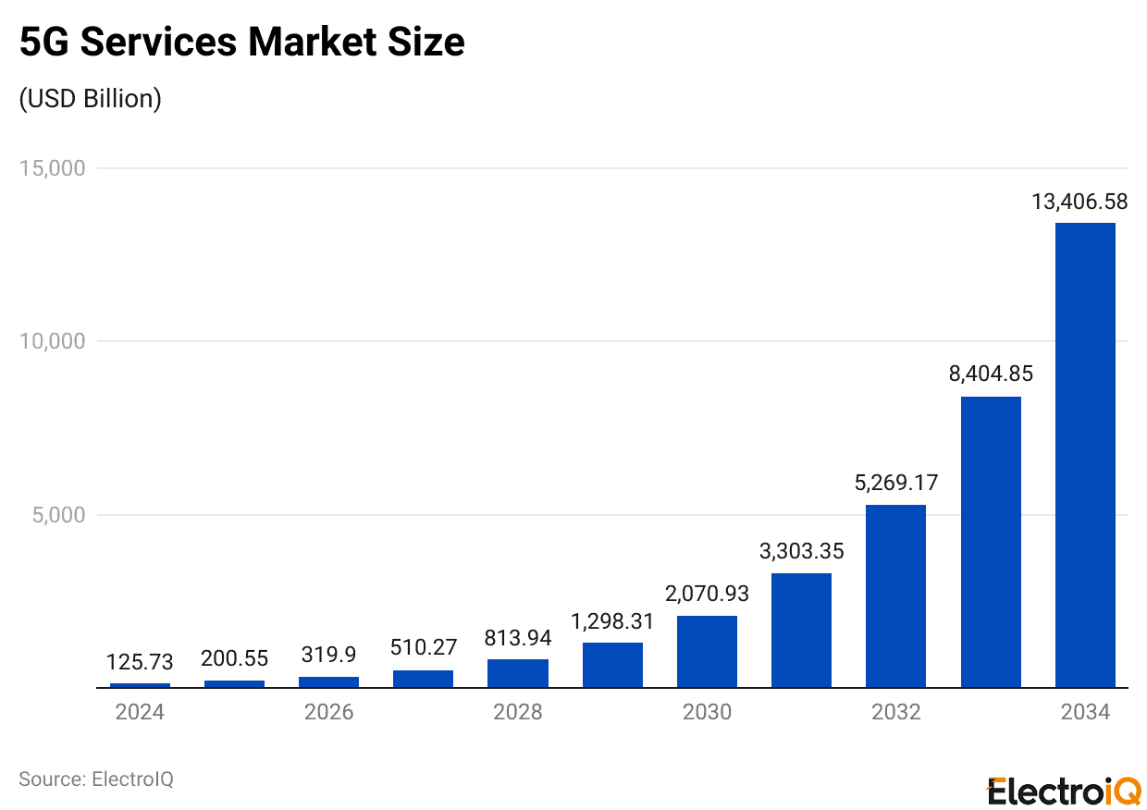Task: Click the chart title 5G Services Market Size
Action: (x=241, y=43)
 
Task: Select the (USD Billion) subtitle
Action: (x=91, y=99)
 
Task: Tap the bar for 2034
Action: (x=1085, y=455)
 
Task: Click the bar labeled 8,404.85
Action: (x=991, y=542)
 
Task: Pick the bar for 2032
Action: (x=895, y=596)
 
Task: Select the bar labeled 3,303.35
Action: (x=801, y=631)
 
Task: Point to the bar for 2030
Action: (x=707, y=652)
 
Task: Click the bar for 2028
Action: (x=518, y=673)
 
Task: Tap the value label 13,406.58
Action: (x=1079, y=202)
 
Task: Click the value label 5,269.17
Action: (x=895, y=483)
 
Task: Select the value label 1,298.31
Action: (x=612, y=621)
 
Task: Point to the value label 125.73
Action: (x=140, y=662)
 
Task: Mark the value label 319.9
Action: (x=328, y=655)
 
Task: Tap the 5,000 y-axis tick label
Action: (x=58, y=515)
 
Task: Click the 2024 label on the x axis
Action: (x=140, y=712)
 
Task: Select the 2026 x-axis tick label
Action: (x=328, y=712)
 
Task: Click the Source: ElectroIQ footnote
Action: (x=96, y=779)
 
